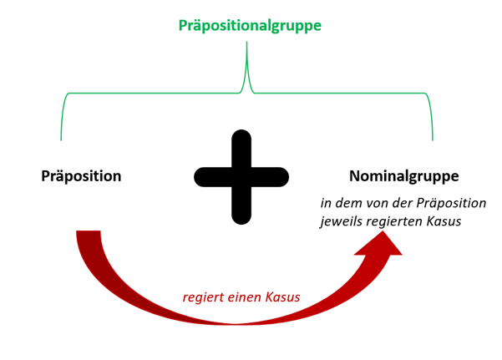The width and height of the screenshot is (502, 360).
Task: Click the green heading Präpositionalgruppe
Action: click(x=250, y=26)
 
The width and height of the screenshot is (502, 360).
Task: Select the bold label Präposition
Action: click(x=81, y=176)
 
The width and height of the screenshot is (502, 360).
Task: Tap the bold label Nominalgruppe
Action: click(x=403, y=176)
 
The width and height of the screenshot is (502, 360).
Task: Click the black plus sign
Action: click(x=241, y=176)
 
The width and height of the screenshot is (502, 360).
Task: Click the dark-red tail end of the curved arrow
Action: click(x=89, y=235)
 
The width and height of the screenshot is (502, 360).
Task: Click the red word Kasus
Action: click(x=283, y=297)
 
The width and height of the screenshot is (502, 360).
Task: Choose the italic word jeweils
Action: click(x=341, y=221)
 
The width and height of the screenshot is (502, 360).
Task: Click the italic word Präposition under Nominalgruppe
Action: click(x=453, y=203)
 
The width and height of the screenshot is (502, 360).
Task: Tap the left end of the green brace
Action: click(x=62, y=137)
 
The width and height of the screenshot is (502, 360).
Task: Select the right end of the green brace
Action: click(x=433, y=137)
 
